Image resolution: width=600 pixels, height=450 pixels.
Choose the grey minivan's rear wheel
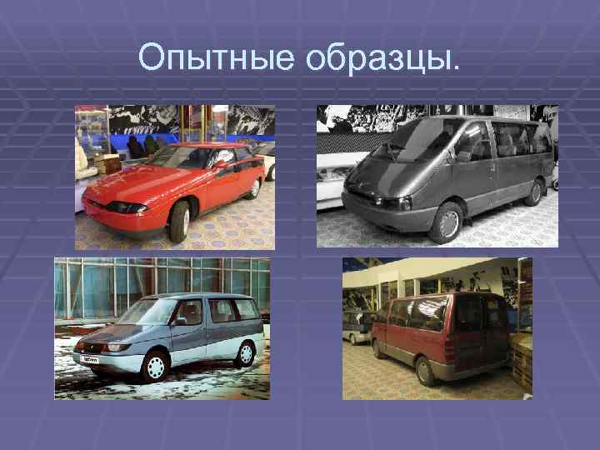point(534,192)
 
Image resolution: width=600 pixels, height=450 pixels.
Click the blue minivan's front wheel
point(154,367)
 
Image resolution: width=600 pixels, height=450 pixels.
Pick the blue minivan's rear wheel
point(245,352)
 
